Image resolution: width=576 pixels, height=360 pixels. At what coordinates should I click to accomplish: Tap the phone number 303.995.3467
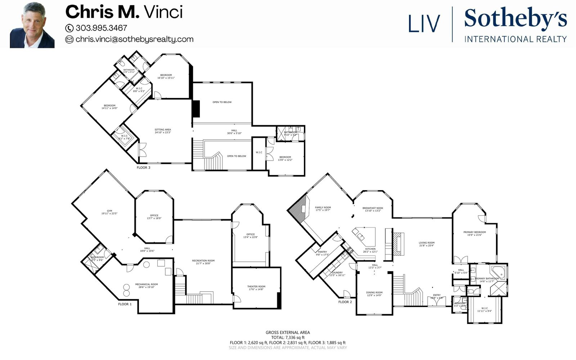tap(101, 28)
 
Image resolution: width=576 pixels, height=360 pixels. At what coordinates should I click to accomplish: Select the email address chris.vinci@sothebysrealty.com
tap(134, 39)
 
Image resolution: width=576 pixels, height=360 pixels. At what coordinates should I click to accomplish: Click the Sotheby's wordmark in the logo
tap(515, 19)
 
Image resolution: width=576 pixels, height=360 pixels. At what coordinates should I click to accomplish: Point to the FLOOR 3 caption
tap(144, 167)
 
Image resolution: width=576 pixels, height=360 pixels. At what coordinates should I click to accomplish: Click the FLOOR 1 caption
tap(125, 304)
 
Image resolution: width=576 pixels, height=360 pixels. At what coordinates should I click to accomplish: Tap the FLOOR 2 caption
tap(345, 302)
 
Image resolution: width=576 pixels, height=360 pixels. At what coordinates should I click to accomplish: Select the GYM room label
tap(109, 212)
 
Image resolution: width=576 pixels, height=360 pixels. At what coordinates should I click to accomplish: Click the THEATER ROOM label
tap(256, 288)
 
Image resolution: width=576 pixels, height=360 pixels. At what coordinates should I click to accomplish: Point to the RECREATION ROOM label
tap(203, 262)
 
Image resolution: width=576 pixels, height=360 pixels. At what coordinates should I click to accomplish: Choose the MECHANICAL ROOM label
tap(147, 285)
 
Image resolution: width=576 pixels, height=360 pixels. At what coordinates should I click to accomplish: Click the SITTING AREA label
tap(163, 131)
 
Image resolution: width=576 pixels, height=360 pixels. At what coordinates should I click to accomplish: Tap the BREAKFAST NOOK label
tap(373, 209)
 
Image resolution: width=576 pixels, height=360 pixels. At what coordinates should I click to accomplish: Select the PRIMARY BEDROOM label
tap(474, 233)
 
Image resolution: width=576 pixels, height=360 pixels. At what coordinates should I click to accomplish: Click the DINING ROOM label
tap(374, 294)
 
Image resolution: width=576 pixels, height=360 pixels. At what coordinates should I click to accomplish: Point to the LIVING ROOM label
tap(427, 244)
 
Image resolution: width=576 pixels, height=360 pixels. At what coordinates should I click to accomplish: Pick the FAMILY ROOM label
tap(323, 208)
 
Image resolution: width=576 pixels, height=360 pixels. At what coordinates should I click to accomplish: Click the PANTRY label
tap(322, 253)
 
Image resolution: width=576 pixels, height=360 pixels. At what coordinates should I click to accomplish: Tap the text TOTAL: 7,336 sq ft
tap(288, 337)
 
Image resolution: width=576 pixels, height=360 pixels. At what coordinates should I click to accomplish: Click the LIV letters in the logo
tap(424, 23)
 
